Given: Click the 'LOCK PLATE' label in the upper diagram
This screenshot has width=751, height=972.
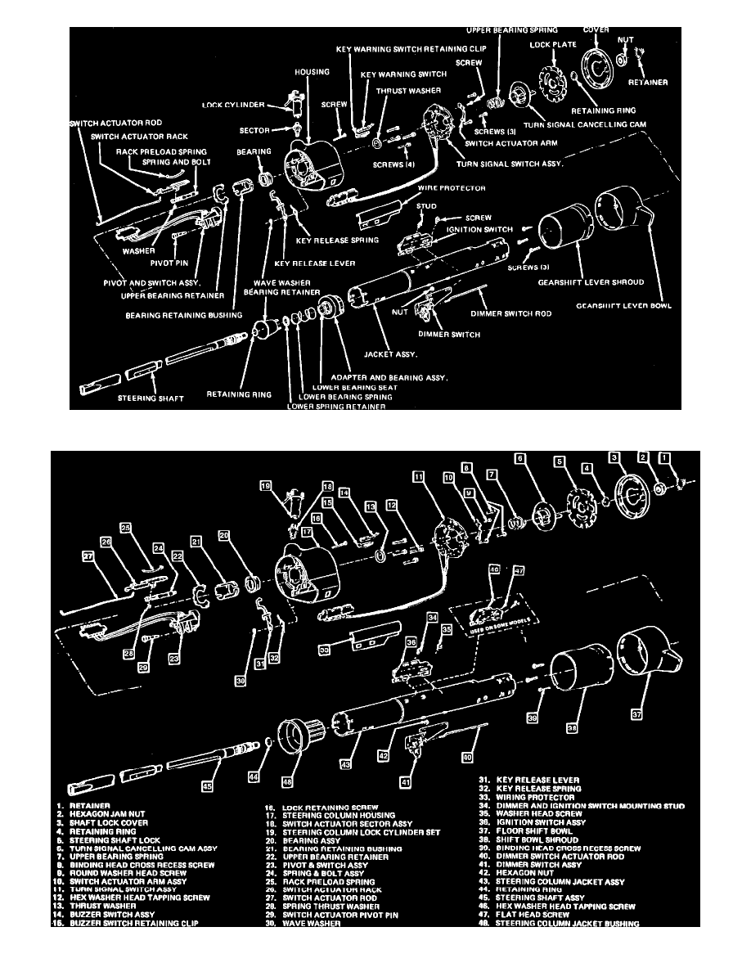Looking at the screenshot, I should coord(553,46).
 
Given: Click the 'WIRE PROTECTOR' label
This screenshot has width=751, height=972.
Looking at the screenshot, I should coord(452,188).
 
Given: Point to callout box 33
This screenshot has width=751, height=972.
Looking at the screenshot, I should coord(325,650).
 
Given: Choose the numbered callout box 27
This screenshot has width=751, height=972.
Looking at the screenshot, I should coord(88,556).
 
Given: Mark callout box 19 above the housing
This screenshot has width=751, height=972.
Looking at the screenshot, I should coord(265,485).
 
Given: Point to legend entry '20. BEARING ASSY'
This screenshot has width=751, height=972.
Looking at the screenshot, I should coord(307,840).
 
